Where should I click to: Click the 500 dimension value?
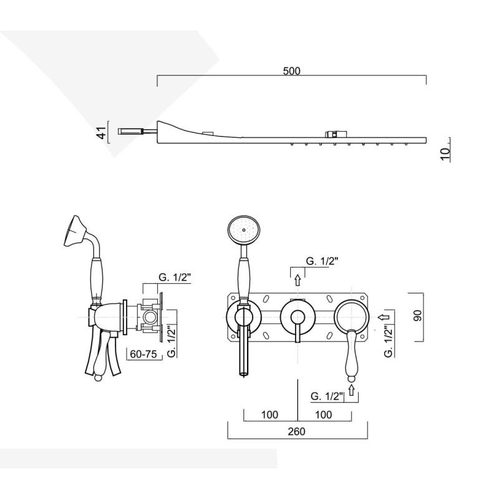tap(291, 71)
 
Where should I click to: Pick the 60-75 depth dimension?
tap(142, 354)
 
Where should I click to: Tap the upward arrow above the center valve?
tap(297, 281)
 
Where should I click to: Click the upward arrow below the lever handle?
tap(352, 390)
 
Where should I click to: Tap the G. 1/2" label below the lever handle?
tap(327, 395)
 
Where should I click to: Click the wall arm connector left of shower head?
tap(132, 131)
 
